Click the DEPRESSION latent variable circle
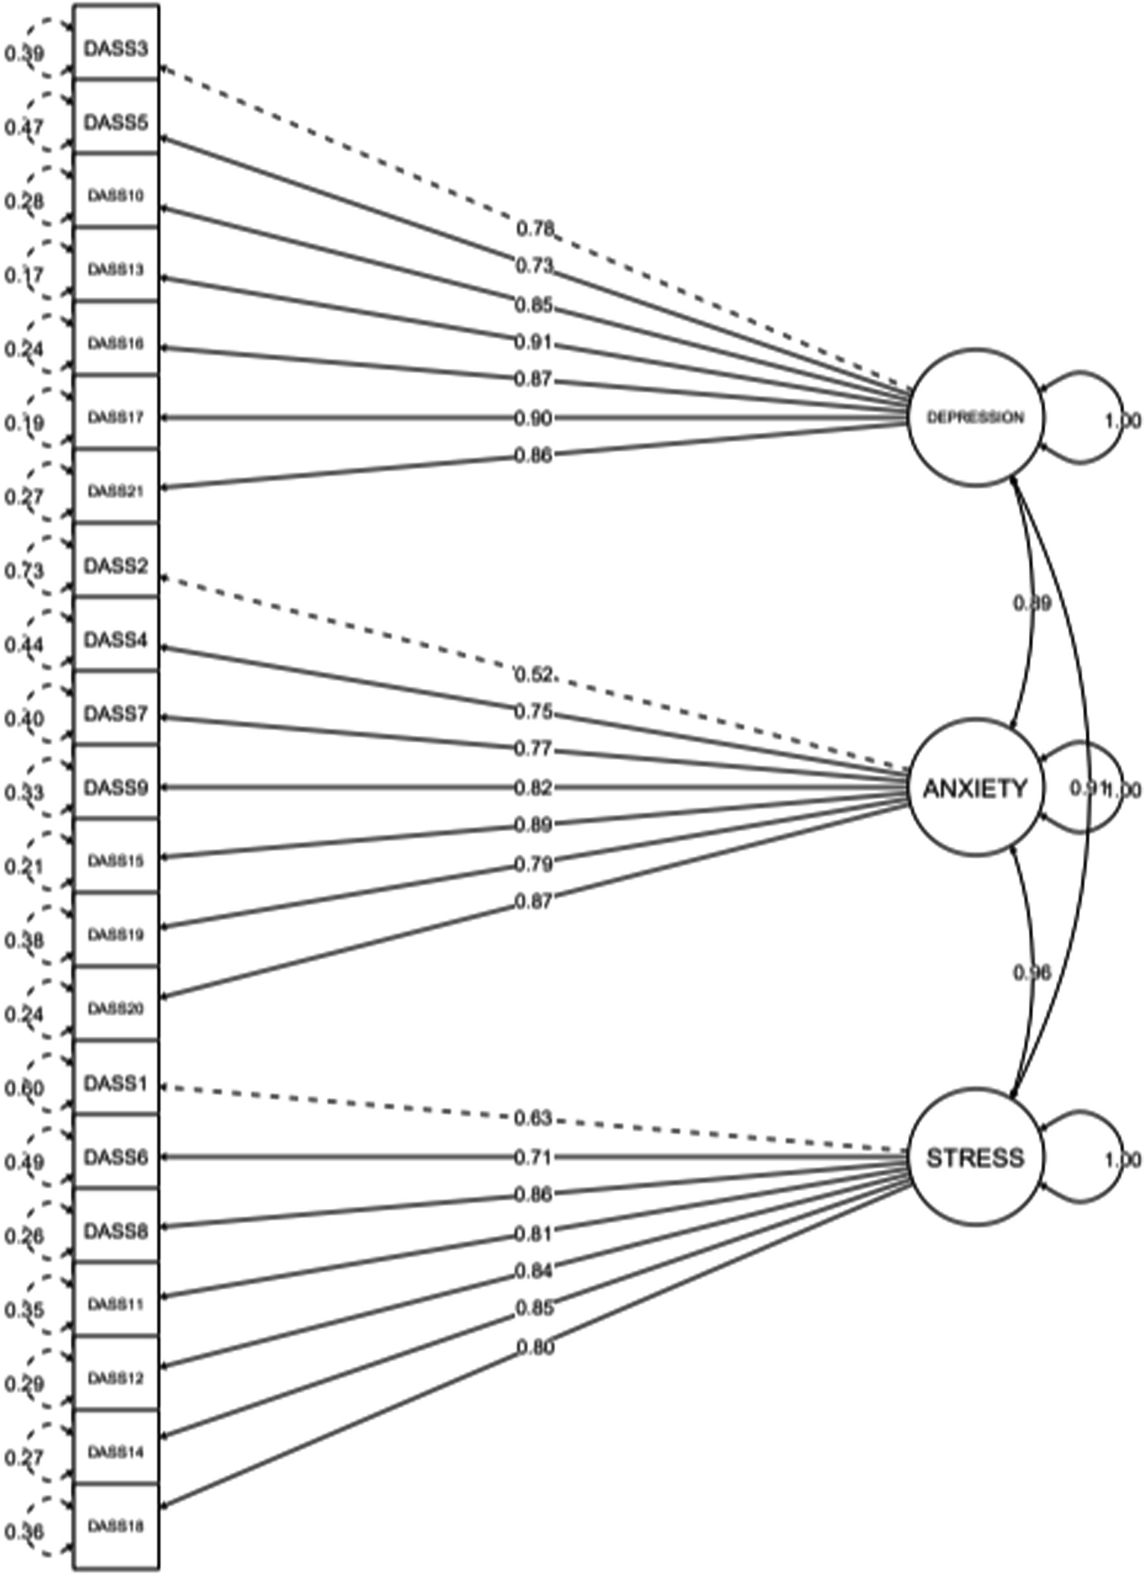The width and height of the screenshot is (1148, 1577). [x=975, y=417]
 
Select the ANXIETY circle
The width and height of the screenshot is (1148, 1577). [x=975, y=788]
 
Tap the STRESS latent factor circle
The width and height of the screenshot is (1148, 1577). [x=975, y=1157]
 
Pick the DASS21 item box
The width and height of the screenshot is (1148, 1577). [x=116, y=492]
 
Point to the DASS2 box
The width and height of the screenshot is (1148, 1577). [x=116, y=566]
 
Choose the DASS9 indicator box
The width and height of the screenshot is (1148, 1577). [x=116, y=788]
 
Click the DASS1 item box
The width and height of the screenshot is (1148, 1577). [x=116, y=1083]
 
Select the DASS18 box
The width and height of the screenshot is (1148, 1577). [x=116, y=1526]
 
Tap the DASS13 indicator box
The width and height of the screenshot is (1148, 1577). [x=116, y=269]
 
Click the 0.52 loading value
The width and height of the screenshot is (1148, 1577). [x=534, y=675]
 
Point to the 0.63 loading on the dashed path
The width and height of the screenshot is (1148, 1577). [x=533, y=1118]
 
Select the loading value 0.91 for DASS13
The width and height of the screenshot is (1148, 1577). [x=533, y=343]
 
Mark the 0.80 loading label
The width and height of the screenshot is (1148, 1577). [x=535, y=1347]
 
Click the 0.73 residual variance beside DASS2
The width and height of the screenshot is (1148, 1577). [x=24, y=571]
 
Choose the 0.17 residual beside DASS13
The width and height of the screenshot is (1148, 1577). [x=24, y=275]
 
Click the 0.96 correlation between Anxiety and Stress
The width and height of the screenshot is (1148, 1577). [x=1032, y=973]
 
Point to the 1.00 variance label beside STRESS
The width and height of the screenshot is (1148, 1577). [x=1123, y=1160]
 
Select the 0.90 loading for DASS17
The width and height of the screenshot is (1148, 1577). [x=533, y=418]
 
